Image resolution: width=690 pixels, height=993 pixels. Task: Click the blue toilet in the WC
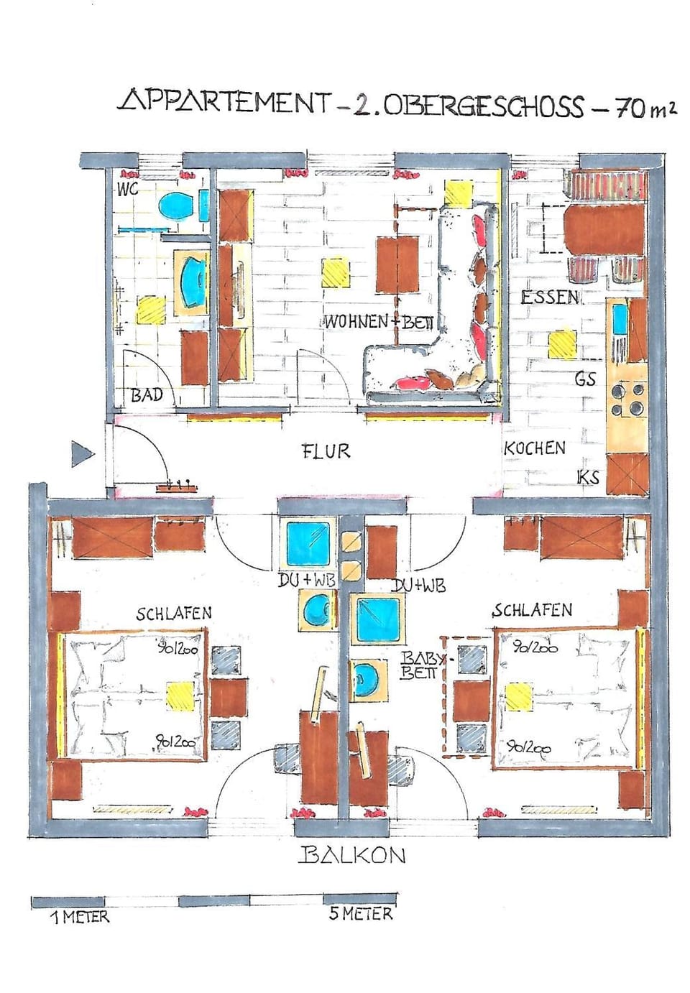click(x=177, y=207)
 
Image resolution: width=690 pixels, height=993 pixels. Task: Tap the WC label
click(x=128, y=190)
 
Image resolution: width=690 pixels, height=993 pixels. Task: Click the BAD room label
click(x=147, y=395)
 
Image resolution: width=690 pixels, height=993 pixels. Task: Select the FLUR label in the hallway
click(x=326, y=451)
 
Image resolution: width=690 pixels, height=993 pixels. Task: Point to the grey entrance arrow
click(x=82, y=454)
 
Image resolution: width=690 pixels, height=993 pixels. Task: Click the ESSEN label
click(x=550, y=297)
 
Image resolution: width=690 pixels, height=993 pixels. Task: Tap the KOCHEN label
click(x=534, y=448)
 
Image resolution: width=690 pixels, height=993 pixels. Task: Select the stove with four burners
click(x=627, y=399)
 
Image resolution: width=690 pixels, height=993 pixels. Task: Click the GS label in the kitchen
click(x=585, y=379)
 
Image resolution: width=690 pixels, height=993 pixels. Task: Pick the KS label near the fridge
click(x=588, y=477)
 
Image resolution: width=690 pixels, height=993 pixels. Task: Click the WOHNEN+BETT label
click(x=379, y=322)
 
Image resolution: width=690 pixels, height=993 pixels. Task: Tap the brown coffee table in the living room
click(x=397, y=264)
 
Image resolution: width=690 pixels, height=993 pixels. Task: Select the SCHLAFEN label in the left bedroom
click(x=174, y=613)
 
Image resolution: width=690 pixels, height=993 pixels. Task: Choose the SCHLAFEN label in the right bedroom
click(x=532, y=610)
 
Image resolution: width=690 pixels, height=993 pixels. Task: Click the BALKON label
click(x=352, y=855)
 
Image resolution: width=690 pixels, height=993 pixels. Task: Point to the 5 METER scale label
click(x=361, y=914)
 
